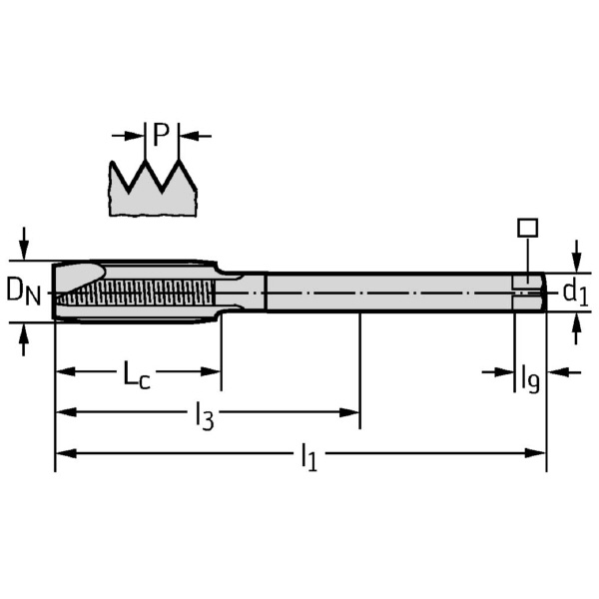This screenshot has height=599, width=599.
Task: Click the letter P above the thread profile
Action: pyautogui.click(x=161, y=133)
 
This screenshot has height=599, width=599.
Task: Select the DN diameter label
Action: pyautogui.click(x=23, y=291)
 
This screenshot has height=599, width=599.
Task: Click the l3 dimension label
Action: pyautogui.click(x=204, y=415)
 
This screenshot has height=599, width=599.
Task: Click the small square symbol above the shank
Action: pyautogui.click(x=527, y=227)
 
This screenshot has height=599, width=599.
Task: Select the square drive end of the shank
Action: pyautogui.click(x=529, y=292)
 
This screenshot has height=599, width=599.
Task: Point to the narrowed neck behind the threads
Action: pyautogui.click(x=241, y=292)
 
